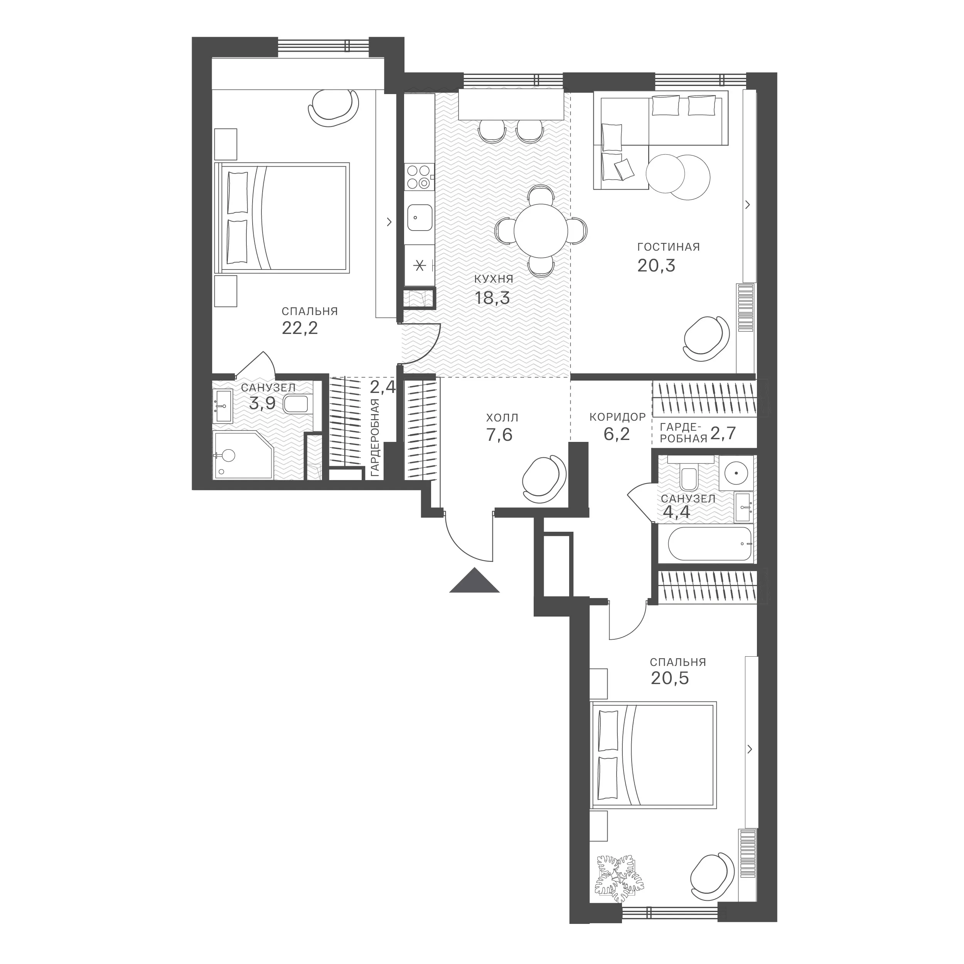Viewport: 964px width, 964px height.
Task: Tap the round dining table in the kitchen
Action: point(541,231)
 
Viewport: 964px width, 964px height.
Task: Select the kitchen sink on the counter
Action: point(420,217)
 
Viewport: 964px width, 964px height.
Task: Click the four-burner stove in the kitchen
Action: point(420,177)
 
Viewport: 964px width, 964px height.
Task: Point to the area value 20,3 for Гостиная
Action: point(656,265)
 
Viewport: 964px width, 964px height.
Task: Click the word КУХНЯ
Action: point(494,280)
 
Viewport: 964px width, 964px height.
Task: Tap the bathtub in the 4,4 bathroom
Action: point(710,544)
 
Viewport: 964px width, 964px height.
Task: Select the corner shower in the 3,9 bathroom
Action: point(243,455)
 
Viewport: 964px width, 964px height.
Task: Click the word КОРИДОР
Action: point(618,416)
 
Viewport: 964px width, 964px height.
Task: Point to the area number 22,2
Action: point(300,328)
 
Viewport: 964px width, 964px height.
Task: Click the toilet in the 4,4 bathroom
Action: point(689,477)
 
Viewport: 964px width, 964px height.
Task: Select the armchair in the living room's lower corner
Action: point(706,338)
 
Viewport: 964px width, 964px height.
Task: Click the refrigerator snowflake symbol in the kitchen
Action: point(420,265)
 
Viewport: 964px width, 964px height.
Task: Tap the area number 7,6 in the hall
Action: point(499,435)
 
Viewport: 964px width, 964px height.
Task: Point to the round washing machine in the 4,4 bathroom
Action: point(735,472)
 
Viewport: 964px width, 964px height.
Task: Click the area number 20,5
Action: point(670,679)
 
